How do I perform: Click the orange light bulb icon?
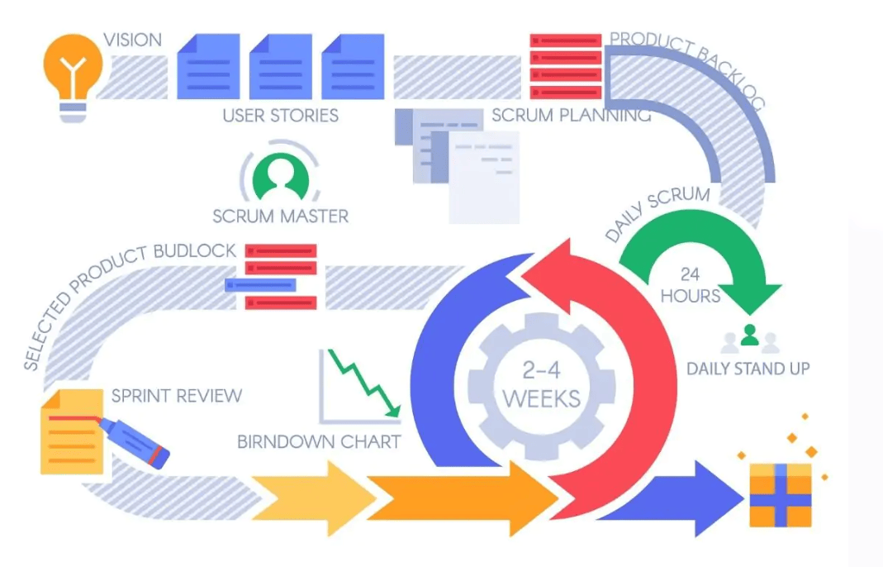click(74, 70)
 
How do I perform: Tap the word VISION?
click(132, 40)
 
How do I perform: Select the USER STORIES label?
click(280, 115)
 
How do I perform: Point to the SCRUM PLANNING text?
click(571, 115)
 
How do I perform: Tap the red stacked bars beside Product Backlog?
click(565, 66)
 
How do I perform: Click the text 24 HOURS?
click(691, 284)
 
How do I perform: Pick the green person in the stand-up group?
click(749, 336)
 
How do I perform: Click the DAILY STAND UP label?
click(748, 368)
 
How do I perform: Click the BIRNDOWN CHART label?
click(319, 441)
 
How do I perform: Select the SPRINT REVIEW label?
click(177, 395)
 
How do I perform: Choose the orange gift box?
click(780, 493)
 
